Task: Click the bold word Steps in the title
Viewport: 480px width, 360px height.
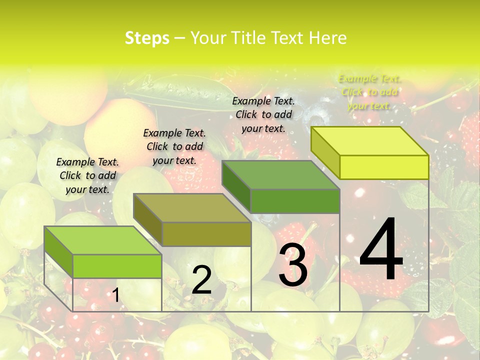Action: (147, 38)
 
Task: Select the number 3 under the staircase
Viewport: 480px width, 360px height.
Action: (293, 266)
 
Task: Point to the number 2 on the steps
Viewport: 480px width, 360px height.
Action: (201, 279)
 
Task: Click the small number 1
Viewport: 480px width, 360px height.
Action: (115, 295)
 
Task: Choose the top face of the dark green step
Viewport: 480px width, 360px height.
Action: (280, 175)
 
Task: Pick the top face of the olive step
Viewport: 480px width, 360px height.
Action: (192, 208)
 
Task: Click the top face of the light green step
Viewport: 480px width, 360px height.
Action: (103, 240)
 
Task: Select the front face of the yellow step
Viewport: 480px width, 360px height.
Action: (384, 167)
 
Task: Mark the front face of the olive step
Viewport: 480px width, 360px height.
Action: (206, 234)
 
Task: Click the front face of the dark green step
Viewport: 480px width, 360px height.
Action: (295, 201)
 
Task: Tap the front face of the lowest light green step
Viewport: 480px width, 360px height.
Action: (117, 266)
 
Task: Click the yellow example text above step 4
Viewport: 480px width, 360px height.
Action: (369, 92)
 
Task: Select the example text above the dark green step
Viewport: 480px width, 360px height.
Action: (263, 114)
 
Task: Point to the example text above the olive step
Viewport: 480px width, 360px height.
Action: (174, 146)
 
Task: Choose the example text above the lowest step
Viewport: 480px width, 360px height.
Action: (87, 175)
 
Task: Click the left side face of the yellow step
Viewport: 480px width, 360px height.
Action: (325, 153)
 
